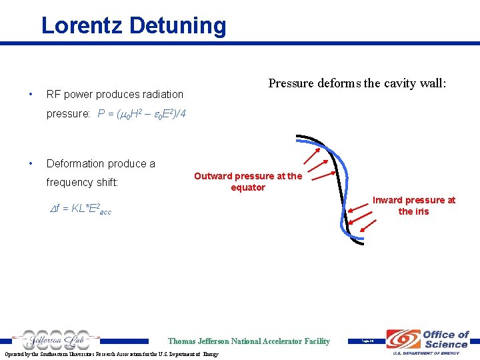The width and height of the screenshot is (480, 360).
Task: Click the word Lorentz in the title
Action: click(x=83, y=25)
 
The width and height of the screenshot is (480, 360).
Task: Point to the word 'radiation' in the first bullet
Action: click(x=161, y=95)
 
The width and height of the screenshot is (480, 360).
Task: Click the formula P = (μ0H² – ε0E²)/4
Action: click(x=142, y=114)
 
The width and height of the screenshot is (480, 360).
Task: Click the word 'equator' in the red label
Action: click(x=247, y=187)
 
